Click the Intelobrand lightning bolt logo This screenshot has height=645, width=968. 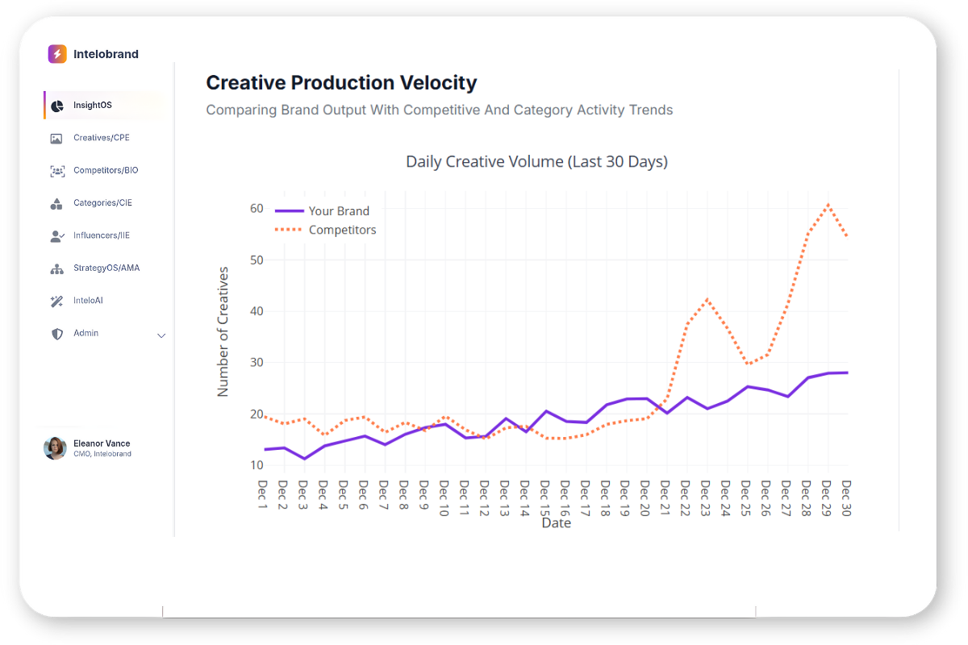point(56,54)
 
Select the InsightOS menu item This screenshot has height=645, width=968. point(92,106)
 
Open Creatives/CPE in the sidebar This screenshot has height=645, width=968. point(101,138)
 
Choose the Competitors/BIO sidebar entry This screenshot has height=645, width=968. point(106,171)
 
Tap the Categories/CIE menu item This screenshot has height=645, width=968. point(102,203)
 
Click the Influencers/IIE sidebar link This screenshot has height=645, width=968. point(101,235)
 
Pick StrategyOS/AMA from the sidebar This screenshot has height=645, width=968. point(106,268)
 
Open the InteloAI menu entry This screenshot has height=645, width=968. point(88,301)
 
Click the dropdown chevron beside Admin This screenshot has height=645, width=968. point(161,335)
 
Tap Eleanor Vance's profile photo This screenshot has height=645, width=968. point(55,448)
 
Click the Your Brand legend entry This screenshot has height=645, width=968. point(339,211)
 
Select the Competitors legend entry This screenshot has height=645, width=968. point(342,230)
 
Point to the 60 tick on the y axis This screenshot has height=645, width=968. point(257,208)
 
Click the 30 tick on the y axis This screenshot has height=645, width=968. point(257,363)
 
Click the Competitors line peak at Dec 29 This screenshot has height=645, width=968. point(828,205)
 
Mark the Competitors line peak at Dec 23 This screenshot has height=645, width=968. point(707,300)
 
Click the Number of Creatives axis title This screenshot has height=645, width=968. point(223,331)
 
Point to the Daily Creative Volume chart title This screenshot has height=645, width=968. point(536,161)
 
